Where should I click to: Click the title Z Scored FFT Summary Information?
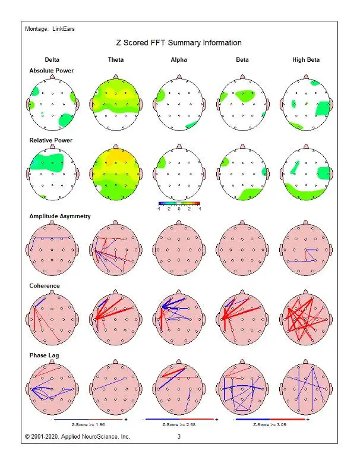click(179, 43)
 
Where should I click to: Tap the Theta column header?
click(116, 60)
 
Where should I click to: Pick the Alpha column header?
click(179, 60)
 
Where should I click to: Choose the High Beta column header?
click(306, 60)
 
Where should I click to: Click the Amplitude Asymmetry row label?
click(60, 216)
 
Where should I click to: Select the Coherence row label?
click(45, 285)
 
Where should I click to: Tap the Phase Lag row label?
click(44, 355)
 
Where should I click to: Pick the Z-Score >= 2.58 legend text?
click(179, 425)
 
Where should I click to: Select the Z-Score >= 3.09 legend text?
click(271, 425)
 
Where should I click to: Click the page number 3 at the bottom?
click(179, 437)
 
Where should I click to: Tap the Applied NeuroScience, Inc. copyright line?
click(77, 437)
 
